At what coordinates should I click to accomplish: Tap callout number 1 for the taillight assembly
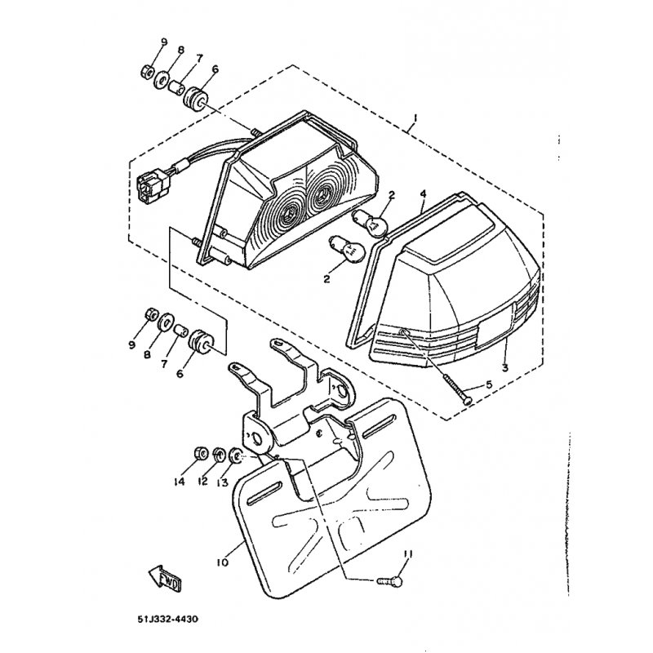pos(415,118)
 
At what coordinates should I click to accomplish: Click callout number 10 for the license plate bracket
pos(222,562)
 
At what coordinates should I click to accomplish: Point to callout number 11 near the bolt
pos(407,554)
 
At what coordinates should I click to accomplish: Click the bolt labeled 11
pos(391,581)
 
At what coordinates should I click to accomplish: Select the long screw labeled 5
pos(458,387)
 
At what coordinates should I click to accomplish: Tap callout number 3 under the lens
pos(504,368)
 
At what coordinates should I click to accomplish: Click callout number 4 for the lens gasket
pos(423,194)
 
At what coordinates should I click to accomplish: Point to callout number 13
pos(222,482)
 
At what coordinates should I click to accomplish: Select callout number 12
pos(202,482)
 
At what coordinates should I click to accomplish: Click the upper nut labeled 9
pos(147,72)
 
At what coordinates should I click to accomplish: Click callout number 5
pos(488,384)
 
